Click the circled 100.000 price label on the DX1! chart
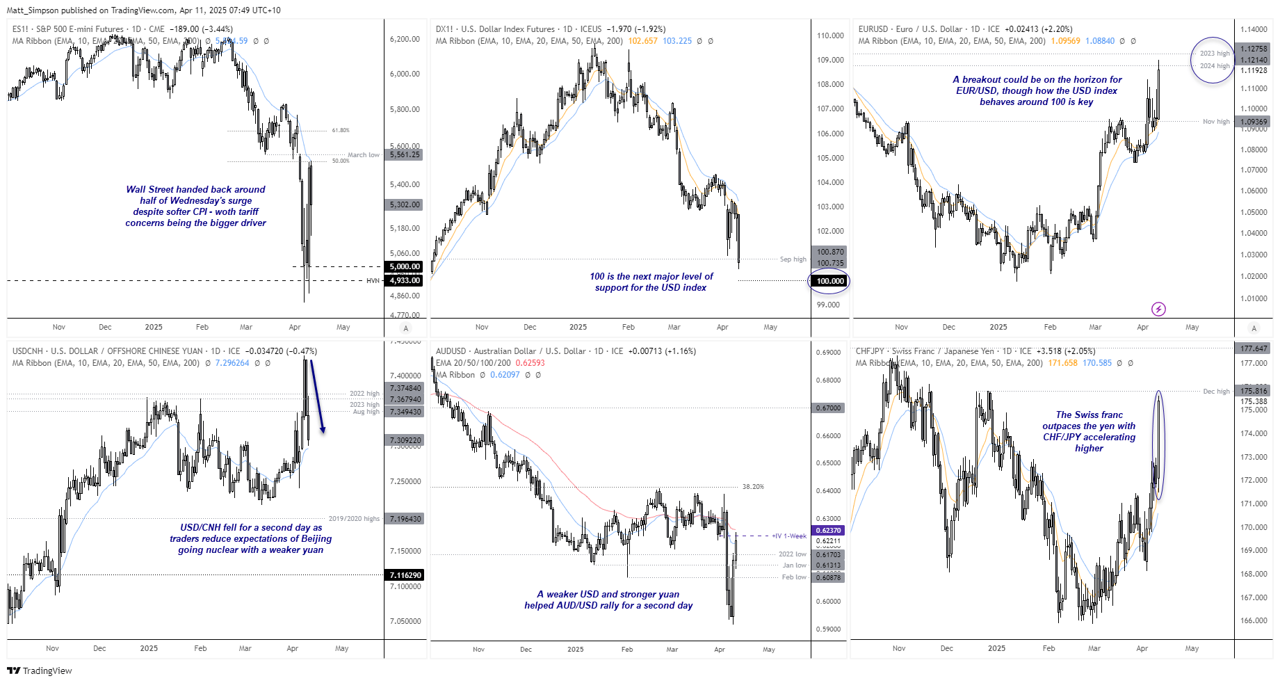pos(829,281)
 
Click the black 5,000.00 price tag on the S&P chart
pos(404,266)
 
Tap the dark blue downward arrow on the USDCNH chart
pos(317,396)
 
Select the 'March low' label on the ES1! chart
pos(364,155)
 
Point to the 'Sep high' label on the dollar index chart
pos(793,259)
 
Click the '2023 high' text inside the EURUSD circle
pos(1214,54)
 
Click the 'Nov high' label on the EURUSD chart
pos(1216,122)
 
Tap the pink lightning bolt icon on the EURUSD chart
pos(1158,309)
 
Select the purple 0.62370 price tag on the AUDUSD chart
pos(827,531)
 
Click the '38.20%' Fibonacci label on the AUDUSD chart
pos(752,487)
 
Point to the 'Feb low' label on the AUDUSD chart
pos(793,577)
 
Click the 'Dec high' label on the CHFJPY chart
pos(1216,392)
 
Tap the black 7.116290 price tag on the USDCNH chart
pos(405,575)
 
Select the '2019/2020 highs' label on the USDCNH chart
pos(354,519)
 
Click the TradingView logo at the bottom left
pos(40,670)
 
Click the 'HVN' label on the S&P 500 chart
pos(373,281)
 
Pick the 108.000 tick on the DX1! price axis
pos(830,85)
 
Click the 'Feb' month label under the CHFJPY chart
pos(1048,648)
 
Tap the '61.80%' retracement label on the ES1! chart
pos(341,131)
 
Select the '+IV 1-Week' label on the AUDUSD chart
pos(789,536)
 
